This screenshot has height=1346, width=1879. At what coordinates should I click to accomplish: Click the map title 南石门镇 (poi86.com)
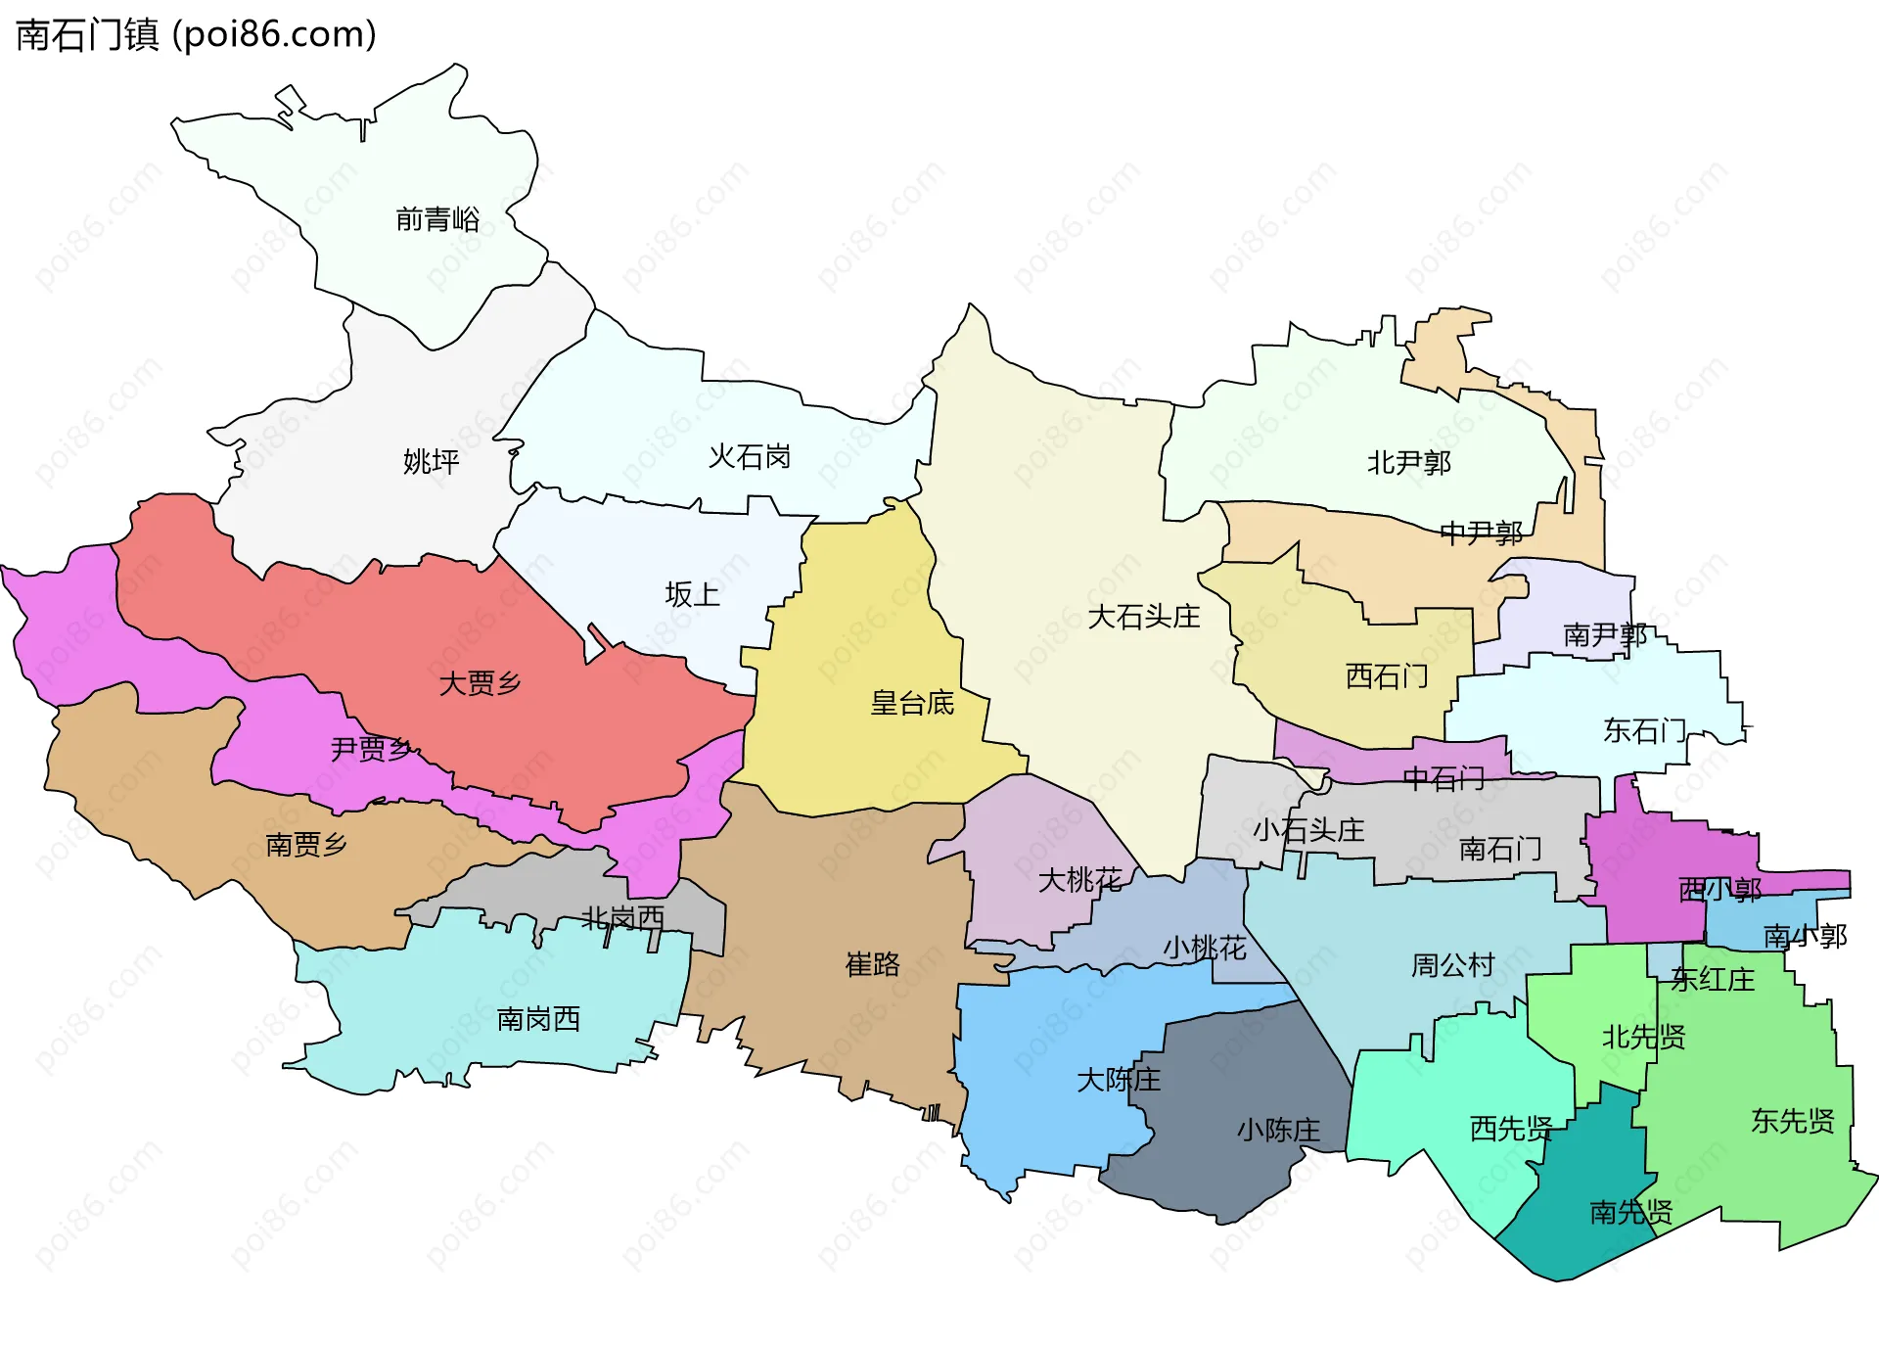tap(196, 35)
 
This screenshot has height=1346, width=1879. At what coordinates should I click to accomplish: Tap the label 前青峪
tap(437, 219)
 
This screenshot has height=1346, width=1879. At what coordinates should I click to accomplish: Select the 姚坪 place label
tap(431, 461)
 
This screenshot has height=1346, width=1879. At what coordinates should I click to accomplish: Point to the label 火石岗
tap(749, 456)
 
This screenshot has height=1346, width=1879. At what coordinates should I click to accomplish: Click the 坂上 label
tap(692, 594)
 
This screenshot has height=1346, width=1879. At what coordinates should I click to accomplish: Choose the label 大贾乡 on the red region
tap(480, 683)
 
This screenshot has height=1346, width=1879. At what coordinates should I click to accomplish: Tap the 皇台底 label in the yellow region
tap(912, 703)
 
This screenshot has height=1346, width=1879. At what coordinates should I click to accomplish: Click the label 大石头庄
tap(1143, 617)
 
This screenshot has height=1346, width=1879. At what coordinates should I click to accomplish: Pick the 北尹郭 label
tap(1408, 462)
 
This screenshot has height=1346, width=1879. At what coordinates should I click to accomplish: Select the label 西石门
tap(1387, 676)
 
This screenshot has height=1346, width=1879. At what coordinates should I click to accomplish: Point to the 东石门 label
tap(1644, 730)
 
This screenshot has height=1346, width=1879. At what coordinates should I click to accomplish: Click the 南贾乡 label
tap(306, 844)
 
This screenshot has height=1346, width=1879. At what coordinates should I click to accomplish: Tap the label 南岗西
tap(538, 1019)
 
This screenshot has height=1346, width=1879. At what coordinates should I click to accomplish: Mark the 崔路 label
tap(872, 965)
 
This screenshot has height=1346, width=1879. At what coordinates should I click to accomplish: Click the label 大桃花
tap(1079, 880)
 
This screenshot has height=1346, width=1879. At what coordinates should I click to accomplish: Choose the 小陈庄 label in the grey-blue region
tap(1278, 1131)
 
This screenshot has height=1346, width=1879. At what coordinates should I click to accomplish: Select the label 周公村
tap(1452, 966)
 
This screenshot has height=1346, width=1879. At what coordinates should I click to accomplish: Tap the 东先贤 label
tap(1792, 1121)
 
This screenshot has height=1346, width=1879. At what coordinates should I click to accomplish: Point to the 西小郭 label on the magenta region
tap(1719, 890)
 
